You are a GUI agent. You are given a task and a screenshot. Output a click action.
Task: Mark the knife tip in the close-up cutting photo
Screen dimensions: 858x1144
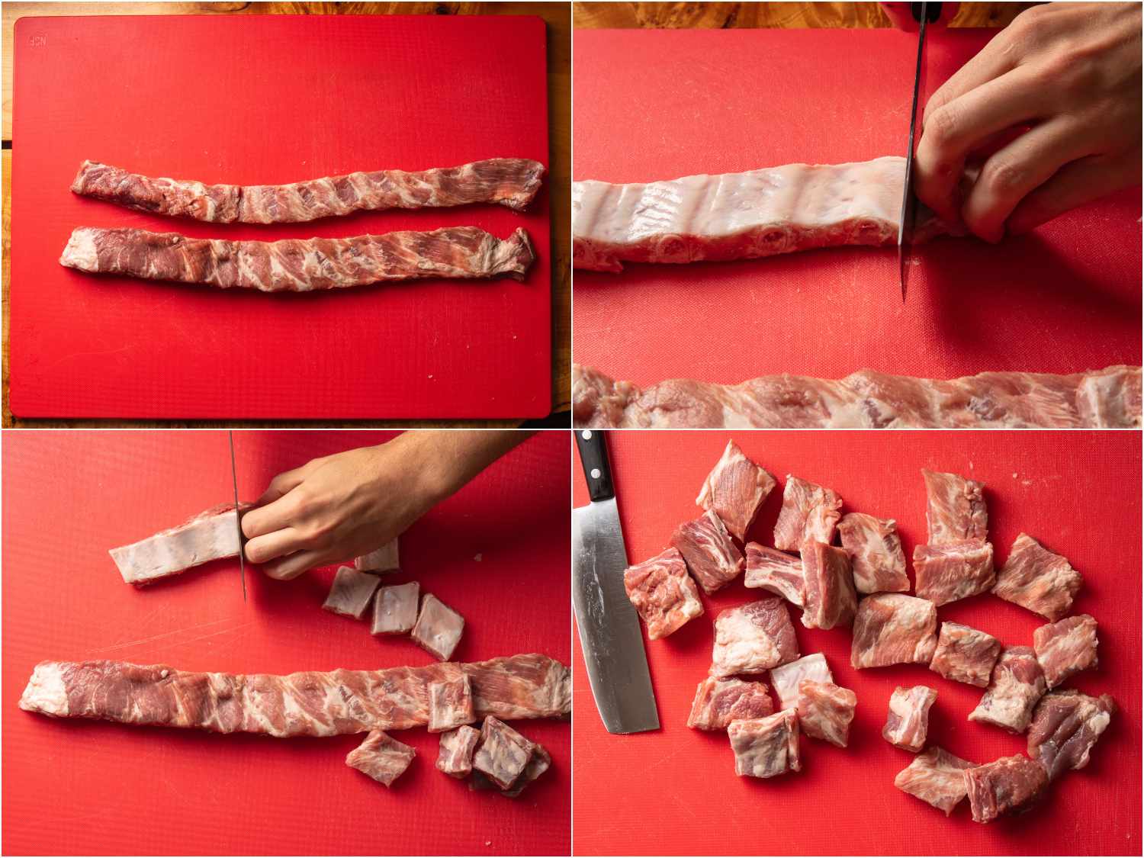[x=904, y=297]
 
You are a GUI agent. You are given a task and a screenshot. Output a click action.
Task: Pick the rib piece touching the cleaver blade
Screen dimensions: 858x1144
[x=662, y=591]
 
